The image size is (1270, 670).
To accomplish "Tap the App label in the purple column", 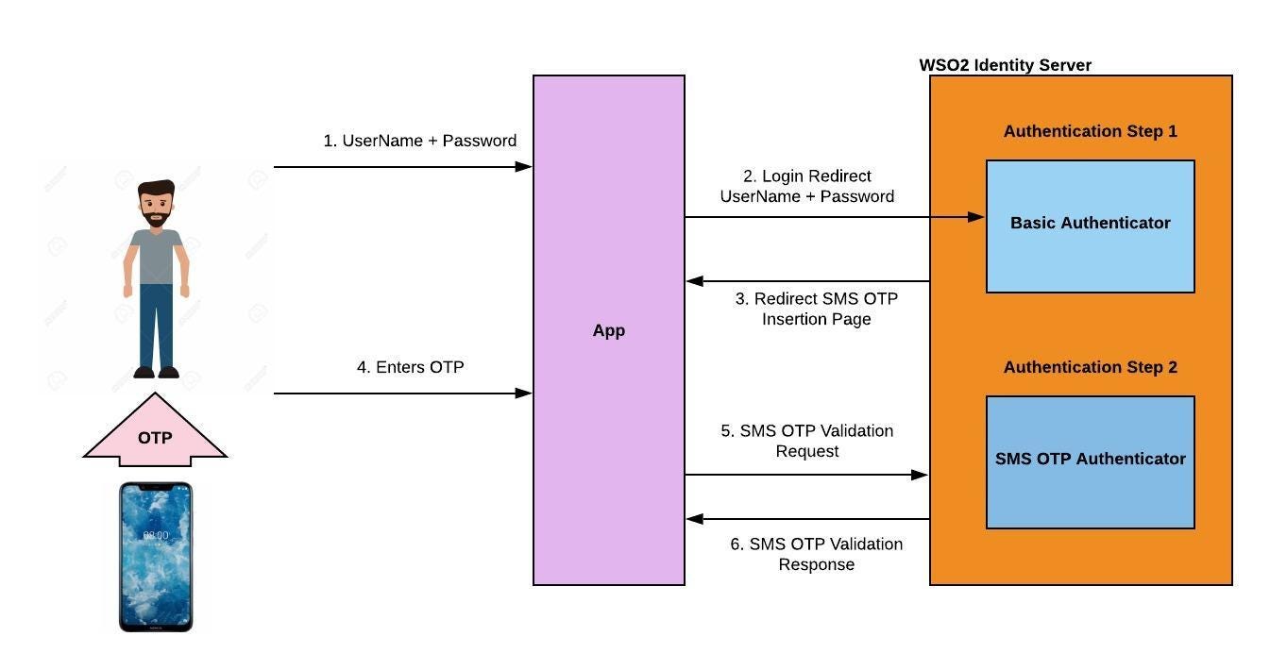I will [608, 331].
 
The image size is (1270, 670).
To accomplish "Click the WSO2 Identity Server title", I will [1005, 65].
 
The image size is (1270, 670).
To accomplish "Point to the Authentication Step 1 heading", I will [1090, 131].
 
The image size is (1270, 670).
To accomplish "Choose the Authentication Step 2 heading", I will [1090, 367].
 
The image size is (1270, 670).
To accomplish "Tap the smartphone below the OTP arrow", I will [156, 557].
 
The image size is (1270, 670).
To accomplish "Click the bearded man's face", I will [156, 205].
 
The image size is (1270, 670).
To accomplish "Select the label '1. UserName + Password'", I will [419, 141].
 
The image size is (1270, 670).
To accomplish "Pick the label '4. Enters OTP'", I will [410, 367].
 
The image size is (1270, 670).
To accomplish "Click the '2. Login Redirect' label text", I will [806, 176].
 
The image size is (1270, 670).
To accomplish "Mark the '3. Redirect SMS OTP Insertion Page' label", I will [816, 309].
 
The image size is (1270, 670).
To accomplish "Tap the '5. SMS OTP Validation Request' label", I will [806, 441].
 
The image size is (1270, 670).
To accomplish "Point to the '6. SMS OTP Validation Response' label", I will [816, 554].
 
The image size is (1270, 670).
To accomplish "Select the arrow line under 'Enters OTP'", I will [401, 394].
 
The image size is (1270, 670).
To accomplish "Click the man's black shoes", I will [156, 372].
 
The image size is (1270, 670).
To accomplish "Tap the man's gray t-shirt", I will [156, 255].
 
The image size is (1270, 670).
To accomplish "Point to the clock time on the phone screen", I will [156, 535].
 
